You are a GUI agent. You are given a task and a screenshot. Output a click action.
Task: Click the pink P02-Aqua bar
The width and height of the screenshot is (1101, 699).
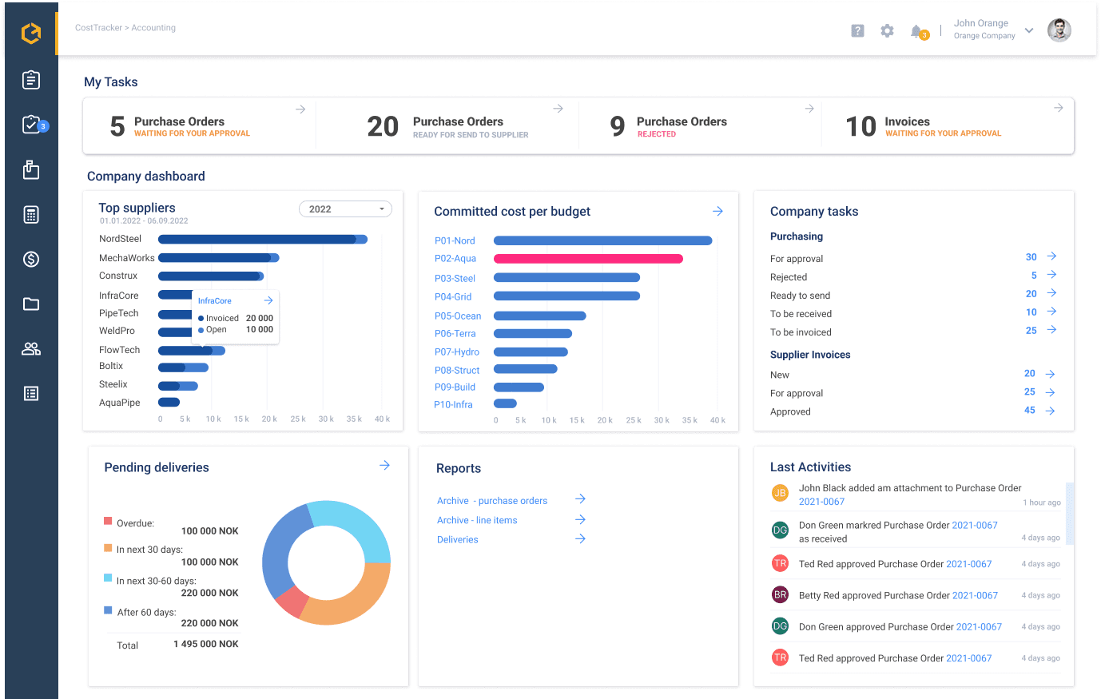(x=588, y=259)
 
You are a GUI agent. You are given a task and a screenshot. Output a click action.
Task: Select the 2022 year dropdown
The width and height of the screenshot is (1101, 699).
(x=345, y=209)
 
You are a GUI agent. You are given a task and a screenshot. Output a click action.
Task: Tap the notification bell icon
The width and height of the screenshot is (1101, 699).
(x=916, y=31)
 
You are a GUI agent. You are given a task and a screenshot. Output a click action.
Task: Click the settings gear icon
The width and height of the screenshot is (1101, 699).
(x=887, y=31)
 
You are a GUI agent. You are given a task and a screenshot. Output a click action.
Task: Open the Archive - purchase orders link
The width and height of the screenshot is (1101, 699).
(x=492, y=501)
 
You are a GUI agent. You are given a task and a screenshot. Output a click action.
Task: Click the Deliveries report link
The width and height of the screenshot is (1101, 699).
(x=458, y=540)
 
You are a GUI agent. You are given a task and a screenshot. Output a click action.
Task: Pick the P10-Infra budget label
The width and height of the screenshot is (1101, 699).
(x=453, y=405)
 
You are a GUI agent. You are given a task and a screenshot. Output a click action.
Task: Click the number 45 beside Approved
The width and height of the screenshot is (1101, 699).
(x=1029, y=411)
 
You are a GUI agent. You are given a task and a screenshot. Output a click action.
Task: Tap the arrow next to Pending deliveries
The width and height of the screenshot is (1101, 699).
(x=384, y=465)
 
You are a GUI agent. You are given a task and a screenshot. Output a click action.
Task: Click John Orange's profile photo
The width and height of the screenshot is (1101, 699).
(x=1059, y=30)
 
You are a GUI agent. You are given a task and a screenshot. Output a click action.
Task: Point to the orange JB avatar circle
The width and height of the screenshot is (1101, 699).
(x=780, y=493)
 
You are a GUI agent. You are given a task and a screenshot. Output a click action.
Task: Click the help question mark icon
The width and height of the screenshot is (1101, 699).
(x=857, y=31)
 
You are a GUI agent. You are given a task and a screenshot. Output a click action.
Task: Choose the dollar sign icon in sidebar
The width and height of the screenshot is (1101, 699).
(x=31, y=260)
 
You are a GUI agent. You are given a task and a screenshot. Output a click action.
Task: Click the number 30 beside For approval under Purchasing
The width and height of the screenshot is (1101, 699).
(x=1031, y=257)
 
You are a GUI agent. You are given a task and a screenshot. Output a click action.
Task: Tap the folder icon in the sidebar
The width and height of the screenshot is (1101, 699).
(x=31, y=304)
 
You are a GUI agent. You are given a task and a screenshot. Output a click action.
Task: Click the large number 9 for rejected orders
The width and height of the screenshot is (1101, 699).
(x=617, y=126)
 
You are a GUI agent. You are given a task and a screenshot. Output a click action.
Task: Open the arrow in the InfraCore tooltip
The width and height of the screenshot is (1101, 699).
(x=268, y=300)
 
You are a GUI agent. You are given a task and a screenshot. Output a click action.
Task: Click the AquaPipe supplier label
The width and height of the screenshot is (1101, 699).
(x=120, y=403)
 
